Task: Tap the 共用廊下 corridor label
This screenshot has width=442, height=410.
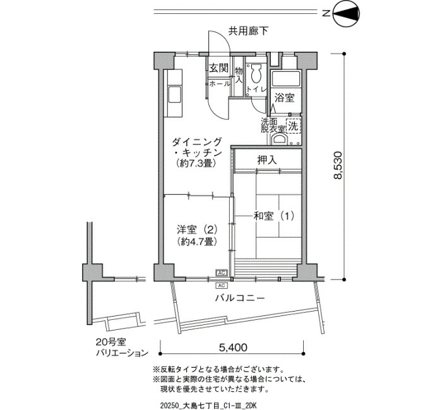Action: click(x=248, y=31)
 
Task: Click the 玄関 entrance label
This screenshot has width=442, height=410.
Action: click(x=218, y=67)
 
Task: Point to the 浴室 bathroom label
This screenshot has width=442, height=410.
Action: click(x=285, y=98)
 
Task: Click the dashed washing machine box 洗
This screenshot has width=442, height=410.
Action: click(x=294, y=126)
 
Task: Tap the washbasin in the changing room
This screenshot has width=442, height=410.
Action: click(x=280, y=139)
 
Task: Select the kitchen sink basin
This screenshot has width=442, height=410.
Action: click(x=174, y=95)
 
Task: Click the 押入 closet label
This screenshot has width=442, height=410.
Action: click(x=267, y=160)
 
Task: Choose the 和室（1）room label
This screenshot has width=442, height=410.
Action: click(x=274, y=216)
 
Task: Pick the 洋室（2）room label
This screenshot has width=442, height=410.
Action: click(x=197, y=230)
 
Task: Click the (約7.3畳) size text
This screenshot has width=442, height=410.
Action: click(x=196, y=163)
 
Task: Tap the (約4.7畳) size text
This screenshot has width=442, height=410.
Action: click(x=197, y=242)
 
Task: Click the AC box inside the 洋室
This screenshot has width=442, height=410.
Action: click(x=222, y=272)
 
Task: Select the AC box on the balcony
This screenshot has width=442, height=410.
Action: click(x=222, y=286)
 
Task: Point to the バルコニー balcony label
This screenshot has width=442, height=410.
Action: click(x=240, y=298)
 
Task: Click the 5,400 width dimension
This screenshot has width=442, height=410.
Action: click(x=233, y=348)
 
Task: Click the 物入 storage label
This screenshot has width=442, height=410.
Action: click(x=239, y=75)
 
